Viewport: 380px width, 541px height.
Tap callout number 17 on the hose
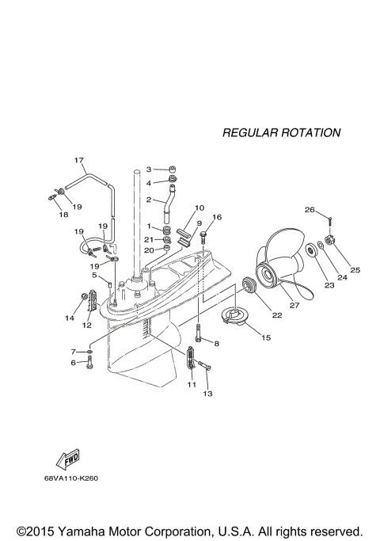(x=79, y=161)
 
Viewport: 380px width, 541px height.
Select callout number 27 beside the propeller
(x=294, y=305)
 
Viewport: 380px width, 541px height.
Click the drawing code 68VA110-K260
(x=76, y=478)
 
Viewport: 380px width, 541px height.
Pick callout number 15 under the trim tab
(x=265, y=337)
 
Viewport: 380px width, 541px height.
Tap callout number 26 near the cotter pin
(x=310, y=210)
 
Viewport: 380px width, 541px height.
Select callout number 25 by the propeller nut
(x=355, y=270)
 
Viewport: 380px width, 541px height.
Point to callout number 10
(x=199, y=208)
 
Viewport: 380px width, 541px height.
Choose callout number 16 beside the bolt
(x=218, y=217)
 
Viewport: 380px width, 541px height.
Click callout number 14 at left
(x=70, y=318)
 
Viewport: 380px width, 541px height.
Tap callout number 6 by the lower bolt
(x=73, y=363)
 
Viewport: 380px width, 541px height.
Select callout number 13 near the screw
(x=209, y=393)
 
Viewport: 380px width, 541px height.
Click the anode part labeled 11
(x=192, y=360)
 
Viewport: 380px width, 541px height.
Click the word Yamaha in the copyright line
(x=82, y=530)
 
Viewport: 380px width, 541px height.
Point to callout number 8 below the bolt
(x=215, y=343)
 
